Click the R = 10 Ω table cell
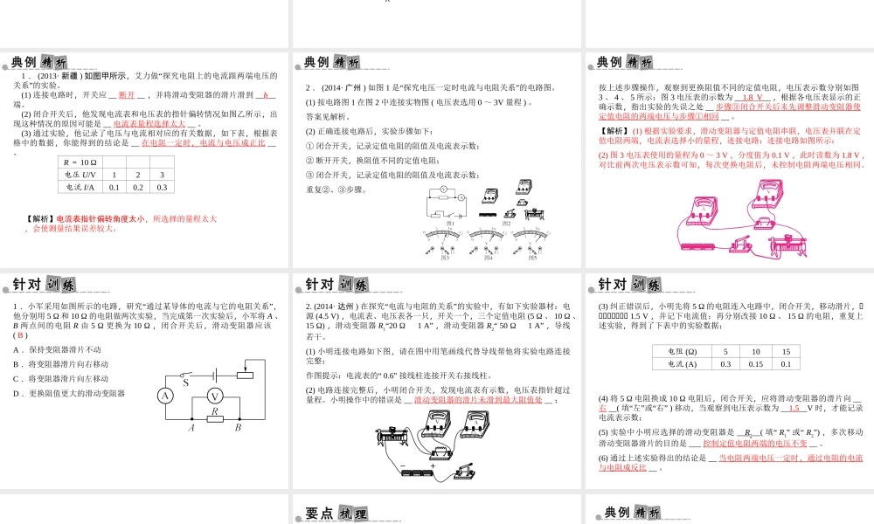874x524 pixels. pyautogui.click(x=78, y=162)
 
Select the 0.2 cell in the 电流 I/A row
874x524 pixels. pyautogui.click(x=137, y=187)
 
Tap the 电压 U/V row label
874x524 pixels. pyautogui.click(x=78, y=175)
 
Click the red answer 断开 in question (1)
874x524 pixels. pyautogui.click(x=127, y=94)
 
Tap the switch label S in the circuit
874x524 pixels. pyautogui.click(x=185, y=383)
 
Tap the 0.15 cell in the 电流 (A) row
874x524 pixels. pyautogui.click(x=756, y=364)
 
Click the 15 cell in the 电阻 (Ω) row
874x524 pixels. pyautogui.click(x=786, y=352)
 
